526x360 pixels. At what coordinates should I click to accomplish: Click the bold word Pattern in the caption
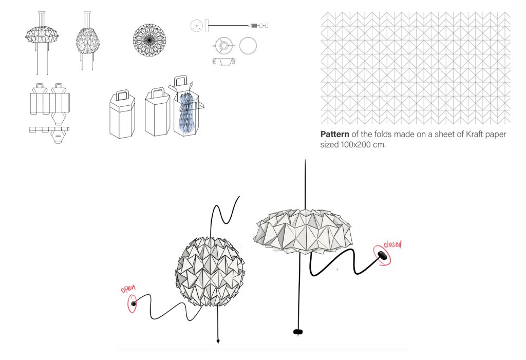(334, 134)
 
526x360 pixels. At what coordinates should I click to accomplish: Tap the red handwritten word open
(128, 289)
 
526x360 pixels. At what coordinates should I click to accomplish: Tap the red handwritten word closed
(392, 244)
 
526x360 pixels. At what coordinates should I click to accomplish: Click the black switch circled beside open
(134, 304)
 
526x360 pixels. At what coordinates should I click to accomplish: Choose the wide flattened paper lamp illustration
(303, 231)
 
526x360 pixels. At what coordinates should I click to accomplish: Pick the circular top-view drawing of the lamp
(149, 40)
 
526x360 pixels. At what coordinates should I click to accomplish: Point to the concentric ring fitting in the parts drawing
(223, 45)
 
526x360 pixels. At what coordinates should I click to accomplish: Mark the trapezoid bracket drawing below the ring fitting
(224, 62)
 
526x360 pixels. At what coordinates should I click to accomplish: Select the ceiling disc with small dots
(197, 26)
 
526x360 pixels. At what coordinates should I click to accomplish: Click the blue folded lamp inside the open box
(187, 112)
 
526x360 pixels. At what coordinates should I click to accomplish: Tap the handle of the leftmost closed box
(123, 94)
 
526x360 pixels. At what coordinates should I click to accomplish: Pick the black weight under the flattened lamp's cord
(297, 332)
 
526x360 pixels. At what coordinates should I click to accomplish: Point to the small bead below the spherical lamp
(218, 341)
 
